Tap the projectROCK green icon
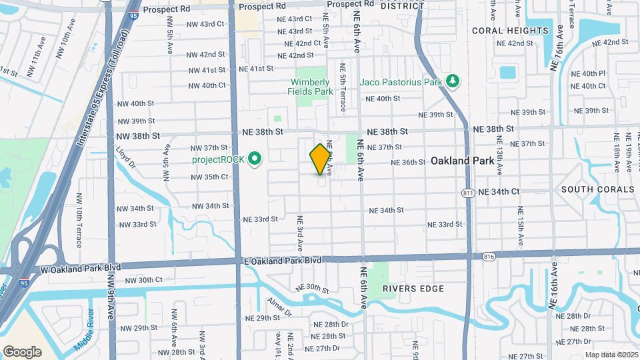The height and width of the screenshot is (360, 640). (254, 159)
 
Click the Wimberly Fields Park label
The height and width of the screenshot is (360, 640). (310, 87)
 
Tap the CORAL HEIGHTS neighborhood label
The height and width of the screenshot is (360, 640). (510, 31)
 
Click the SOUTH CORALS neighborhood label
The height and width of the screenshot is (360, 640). (595, 189)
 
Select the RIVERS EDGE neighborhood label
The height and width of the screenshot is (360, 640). (413, 289)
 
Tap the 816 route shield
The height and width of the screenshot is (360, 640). (489, 255)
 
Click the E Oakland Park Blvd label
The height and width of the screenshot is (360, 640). (283, 260)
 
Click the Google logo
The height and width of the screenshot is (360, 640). (22, 352)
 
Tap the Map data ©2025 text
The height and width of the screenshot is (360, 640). (610, 355)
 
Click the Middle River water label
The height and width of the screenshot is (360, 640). (91, 325)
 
